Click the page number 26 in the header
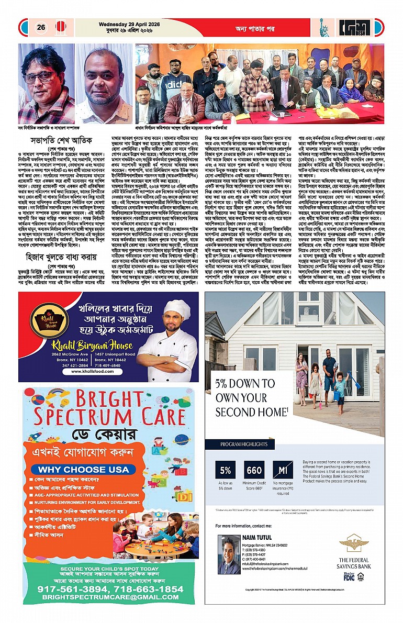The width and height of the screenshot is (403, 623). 40,27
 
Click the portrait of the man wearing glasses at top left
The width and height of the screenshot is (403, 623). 46,84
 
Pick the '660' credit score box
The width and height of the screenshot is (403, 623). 254,471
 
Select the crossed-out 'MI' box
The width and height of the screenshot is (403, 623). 283,471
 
